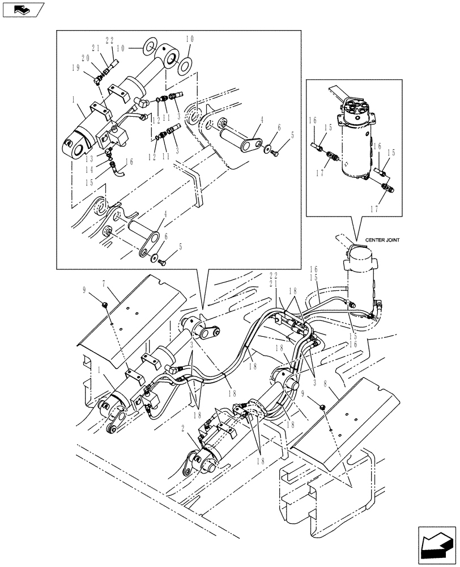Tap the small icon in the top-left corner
(x=23, y=10)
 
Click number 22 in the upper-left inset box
(x=110, y=41)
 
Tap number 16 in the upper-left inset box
(x=130, y=162)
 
